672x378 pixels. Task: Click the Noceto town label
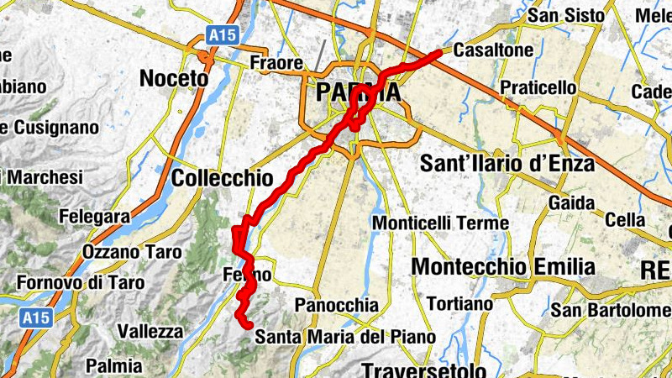[x=173, y=78]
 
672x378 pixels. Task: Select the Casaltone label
[x=493, y=51]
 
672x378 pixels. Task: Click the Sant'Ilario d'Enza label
[x=507, y=163]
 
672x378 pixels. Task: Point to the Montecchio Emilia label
[x=503, y=267]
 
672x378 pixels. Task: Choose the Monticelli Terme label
[x=440, y=223]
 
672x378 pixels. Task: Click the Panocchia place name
[x=337, y=305]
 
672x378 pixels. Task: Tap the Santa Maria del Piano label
[x=345, y=337]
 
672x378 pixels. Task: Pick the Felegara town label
[x=94, y=217]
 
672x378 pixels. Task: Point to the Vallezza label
[x=150, y=331]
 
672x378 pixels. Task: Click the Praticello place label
[x=538, y=87]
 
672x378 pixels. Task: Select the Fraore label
[x=276, y=63]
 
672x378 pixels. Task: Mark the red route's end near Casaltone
[x=438, y=53]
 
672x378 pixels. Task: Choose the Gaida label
[x=572, y=202]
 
